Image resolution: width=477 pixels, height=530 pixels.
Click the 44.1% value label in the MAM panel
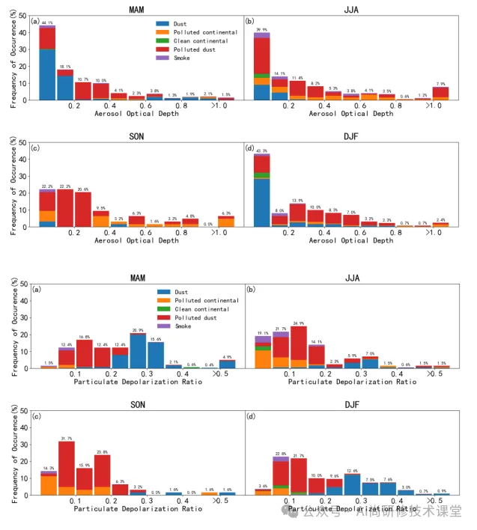[46, 24]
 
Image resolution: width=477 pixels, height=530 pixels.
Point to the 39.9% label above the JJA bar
[261, 30]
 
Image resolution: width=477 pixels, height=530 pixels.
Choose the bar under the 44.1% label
[47, 67]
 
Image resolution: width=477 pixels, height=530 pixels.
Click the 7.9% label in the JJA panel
[440, 84]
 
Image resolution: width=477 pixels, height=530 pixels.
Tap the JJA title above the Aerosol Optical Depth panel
[351, 9]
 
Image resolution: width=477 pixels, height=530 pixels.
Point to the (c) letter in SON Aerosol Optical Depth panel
[34, 147]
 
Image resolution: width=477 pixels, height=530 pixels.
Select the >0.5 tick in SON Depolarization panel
[221, 501]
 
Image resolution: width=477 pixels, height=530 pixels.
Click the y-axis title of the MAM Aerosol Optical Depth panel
[13, 60]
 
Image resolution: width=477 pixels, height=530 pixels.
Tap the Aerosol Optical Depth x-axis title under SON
[137, 241]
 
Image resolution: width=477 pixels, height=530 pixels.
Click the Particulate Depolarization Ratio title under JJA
[351, 382]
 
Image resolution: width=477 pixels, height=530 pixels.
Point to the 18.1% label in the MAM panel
[65, 67]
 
